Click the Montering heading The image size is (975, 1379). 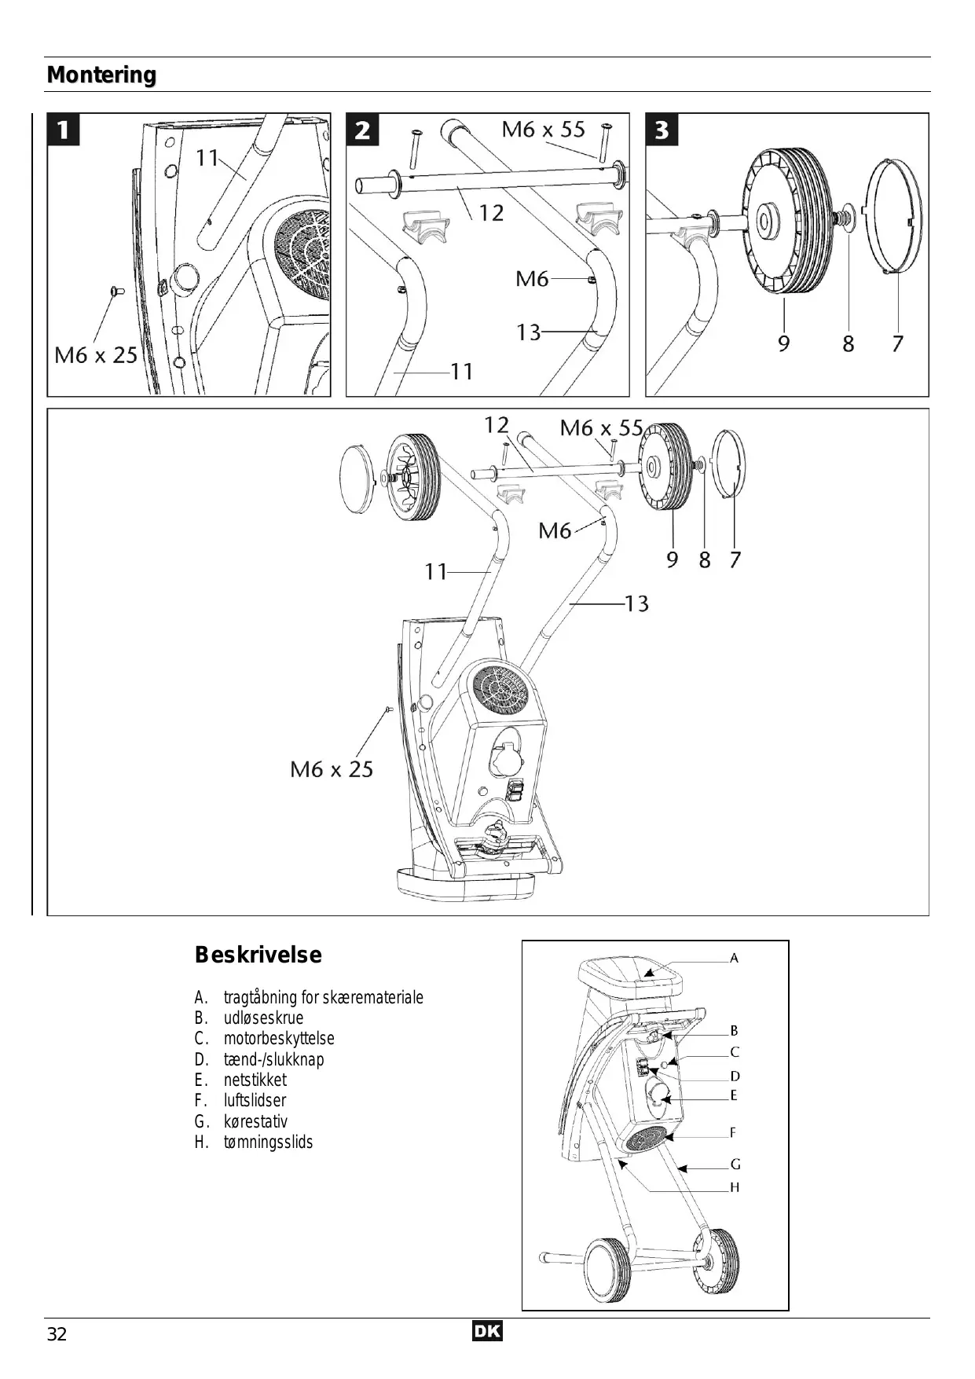102,75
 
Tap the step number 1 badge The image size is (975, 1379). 64,130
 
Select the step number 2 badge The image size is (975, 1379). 363,130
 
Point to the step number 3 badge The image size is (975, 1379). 662,130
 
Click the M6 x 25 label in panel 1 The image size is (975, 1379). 96,355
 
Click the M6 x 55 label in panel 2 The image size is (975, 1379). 544,129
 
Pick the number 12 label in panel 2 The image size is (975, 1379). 491,213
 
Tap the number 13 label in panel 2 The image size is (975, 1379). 529,332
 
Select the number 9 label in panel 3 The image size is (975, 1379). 784,343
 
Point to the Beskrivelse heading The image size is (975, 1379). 258,955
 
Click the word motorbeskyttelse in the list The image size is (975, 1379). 279,1039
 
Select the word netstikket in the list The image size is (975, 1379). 255,1080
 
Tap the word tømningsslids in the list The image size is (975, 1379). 268,1142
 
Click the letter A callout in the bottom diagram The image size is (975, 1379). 735,958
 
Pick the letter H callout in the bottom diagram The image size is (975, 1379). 735,1187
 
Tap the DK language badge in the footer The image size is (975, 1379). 488,1332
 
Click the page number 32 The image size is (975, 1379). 57,1334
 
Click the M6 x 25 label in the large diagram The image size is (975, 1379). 332,769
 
